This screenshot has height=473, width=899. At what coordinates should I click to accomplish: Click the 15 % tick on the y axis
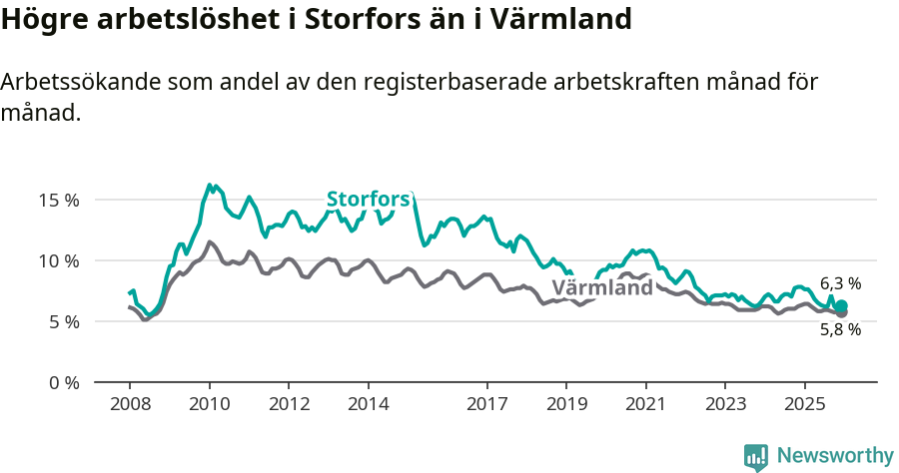(x=59, y=200)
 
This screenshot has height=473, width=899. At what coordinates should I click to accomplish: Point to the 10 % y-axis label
(x=59, y=260)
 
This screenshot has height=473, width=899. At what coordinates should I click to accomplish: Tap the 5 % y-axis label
(x=64, y=321)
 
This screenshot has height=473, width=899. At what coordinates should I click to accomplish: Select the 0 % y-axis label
(x=64, y=382)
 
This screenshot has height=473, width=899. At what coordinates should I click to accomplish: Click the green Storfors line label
(x=369, y=199)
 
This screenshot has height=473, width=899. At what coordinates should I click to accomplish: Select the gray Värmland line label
(x=602, y=288)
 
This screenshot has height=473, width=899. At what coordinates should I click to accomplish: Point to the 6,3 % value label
(x=840, y=283)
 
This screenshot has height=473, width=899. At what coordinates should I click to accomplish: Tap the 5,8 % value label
(x=840, y=329)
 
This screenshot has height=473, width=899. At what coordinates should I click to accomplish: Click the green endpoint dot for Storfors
(x=842, y=306)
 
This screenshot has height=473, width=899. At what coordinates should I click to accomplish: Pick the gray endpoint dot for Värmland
(x=842, y=313)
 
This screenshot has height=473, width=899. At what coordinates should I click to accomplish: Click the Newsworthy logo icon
(x=756, y=456)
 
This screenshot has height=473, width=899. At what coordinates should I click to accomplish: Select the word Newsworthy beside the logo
(x=835, y=456)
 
